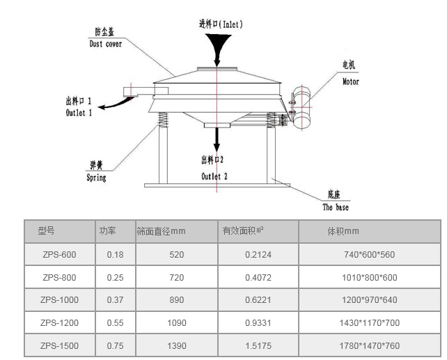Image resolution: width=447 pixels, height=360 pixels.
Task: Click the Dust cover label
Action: tap(105, 43)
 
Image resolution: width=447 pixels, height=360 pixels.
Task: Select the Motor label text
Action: tap(350, 81)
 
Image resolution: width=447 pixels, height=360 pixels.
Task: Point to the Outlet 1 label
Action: tap(79, 113)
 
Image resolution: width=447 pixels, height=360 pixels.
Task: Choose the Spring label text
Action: tap(96, 178)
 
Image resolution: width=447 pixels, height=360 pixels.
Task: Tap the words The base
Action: tap(336, 208)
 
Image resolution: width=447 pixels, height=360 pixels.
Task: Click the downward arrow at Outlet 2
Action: tap(217, 140)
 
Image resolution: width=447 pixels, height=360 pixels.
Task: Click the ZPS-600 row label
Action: tap(59, 255)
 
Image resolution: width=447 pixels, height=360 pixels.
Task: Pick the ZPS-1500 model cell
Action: tap(59, 346)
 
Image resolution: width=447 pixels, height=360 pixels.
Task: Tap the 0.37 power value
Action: tap(115, 300)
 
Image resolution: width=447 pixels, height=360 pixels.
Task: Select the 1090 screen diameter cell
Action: tap(177, 323)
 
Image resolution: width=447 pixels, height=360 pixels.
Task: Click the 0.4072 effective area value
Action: tap(258, 278)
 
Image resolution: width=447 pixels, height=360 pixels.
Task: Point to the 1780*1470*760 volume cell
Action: tap(369, 346)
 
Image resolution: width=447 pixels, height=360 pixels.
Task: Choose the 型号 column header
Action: tap(46, 231)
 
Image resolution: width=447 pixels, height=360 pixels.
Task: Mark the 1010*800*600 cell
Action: tap(370, 278)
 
